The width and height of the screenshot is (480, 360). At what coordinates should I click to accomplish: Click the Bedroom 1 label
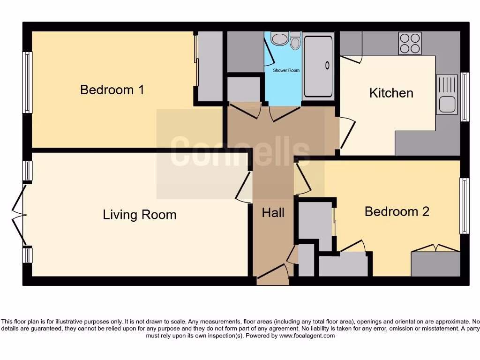[x=112, y=90]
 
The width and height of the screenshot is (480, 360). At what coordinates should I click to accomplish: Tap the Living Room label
[x=140, y=215]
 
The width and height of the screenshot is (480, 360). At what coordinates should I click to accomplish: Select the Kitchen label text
[x=391, y=93]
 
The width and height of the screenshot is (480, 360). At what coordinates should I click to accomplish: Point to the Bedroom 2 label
[x=397, y=211]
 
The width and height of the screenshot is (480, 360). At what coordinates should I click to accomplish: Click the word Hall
[x=273, y=213]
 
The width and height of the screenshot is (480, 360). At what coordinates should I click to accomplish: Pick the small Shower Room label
[x=286, y=70]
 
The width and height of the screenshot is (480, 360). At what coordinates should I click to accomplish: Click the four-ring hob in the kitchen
[x=410, y=43]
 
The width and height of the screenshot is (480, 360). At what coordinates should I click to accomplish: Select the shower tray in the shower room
[x=318, y=65]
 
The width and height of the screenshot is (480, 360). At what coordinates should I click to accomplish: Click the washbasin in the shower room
[x=279, y=38]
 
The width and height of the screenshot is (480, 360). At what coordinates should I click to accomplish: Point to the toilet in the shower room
[x=295, y=41]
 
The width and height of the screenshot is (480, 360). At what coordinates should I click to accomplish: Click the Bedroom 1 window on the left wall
[x=27, y=82]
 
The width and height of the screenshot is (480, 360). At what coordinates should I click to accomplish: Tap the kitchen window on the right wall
[x=465, y=97]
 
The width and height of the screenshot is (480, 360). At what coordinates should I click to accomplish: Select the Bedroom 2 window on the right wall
[x=464, y=206]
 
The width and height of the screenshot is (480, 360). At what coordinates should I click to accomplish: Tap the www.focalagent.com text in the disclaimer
[x=307, y=336]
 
